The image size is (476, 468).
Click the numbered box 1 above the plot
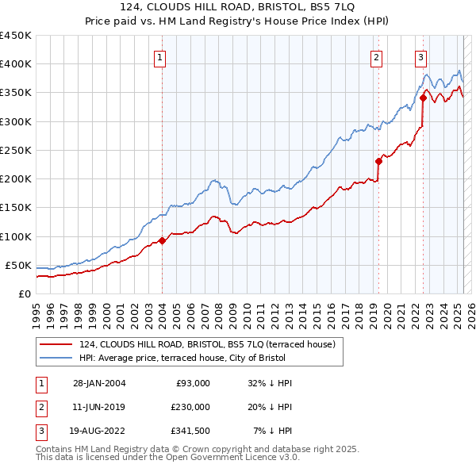pos(159,56)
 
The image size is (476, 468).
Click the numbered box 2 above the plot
pos(375,56)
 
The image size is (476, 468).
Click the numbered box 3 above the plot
pos(420,56)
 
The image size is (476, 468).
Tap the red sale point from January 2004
pos(162,240)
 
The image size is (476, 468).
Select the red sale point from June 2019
pos(378,162)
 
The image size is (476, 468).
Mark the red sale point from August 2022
pos(423,98)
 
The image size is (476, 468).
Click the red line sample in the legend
pos(56,344)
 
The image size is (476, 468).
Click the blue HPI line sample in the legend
pos(56,358)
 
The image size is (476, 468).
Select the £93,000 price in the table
pos(191,383)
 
